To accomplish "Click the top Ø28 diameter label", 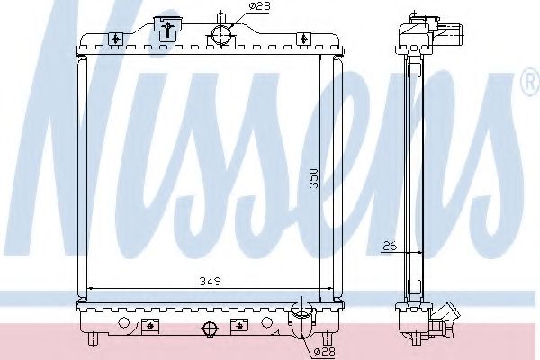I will coord(235,6).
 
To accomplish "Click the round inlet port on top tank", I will coord(221,35).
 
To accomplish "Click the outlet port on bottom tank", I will coord(303,323).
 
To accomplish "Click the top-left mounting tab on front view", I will coord(117,38).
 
